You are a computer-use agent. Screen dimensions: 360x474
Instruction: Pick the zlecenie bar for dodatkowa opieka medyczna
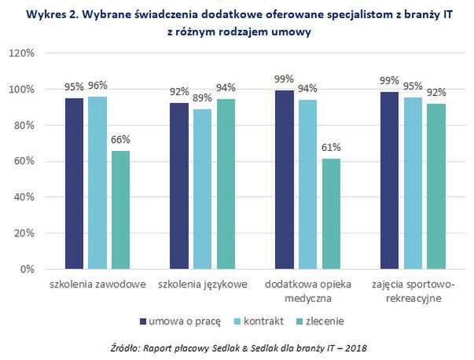pos(331,214)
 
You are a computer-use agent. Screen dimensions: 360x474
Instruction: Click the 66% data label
pos(120,140)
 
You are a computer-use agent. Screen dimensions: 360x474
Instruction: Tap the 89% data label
pos(203,98)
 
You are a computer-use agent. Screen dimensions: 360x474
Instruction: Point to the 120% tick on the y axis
pos(21,53)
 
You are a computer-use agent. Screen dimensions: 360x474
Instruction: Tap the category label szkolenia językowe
pos(203,284)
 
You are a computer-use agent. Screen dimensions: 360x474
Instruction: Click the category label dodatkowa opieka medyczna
pos(307,291)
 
